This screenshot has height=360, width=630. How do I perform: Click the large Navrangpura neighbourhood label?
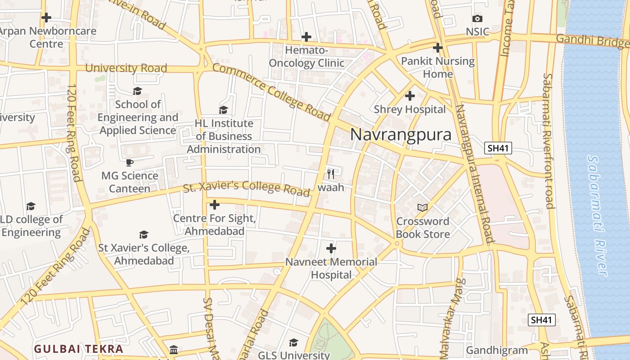point(400,135)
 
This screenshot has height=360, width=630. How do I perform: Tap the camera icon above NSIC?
point(477,18)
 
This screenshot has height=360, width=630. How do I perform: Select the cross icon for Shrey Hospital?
point(409,96)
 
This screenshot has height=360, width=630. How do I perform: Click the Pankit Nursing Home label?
point(437,67)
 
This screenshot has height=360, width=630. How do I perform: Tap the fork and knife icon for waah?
point(331,173)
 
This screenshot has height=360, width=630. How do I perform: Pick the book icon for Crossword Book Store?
point(422,207)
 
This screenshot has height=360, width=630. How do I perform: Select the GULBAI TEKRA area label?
point(78,349)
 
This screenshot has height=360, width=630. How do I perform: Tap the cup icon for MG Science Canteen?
point(130,162)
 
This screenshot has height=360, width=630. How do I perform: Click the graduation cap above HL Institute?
point(223,110)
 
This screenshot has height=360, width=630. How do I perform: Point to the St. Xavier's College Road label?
point(247,188)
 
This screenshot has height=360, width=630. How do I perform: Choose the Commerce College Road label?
point(271,92)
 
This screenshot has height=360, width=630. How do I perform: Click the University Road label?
point(126,68)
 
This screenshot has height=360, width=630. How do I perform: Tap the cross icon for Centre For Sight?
point(215,205)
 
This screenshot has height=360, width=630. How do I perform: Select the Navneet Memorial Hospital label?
point(331,268)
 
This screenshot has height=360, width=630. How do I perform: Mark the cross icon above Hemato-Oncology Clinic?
point(306,37)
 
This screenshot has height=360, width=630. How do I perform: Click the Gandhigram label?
point(496,350)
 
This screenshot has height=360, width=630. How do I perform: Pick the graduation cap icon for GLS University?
point(293,343)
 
